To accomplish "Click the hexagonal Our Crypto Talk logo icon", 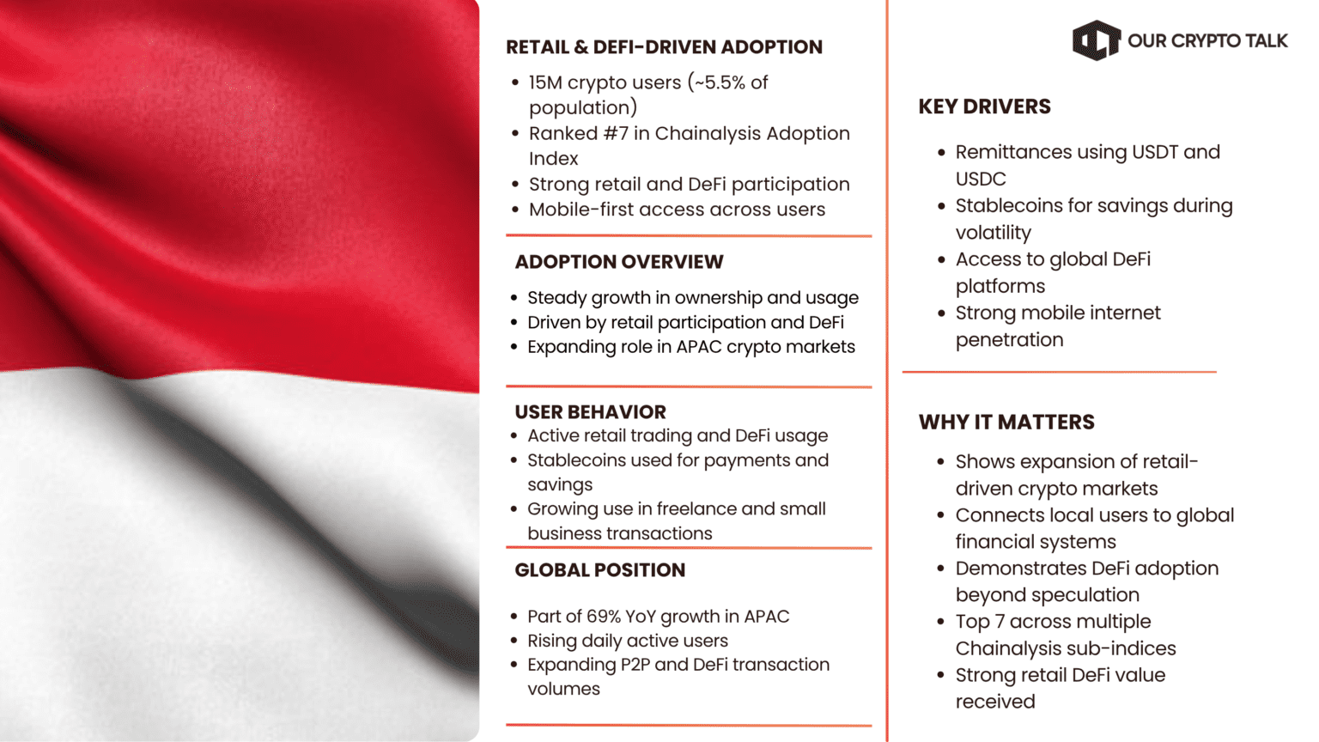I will coord(1096,40).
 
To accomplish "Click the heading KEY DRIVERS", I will coord(984,106).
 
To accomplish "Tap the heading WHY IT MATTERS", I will coord(1006,422).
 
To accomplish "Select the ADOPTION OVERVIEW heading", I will coord(618,262).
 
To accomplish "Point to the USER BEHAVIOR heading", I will coord(590,411).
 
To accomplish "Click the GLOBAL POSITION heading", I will coord(599,570).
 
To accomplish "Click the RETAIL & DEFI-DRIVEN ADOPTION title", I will coord(664,47).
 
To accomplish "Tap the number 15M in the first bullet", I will coord(544,82).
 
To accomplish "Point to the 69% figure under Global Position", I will coord(604,617).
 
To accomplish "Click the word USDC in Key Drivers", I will coord(980,179).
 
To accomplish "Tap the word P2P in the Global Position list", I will coord(631,665).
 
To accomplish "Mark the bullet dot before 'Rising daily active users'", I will coord(514,642).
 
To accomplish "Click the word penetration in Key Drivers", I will coord(1009,339).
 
